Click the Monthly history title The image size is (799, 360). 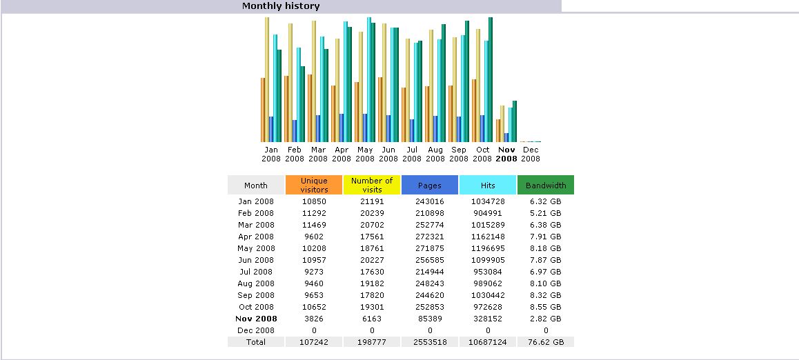click(281, 6)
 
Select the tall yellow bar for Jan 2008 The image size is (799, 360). click(267, 79)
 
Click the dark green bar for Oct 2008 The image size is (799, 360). click(491, 79)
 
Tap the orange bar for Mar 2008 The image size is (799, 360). click(310, 108)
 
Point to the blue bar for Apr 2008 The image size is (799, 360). click(342, 128)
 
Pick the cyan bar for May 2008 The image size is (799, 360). click(369, 79)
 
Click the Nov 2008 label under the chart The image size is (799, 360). click(506, 154)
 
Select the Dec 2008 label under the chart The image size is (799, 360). click(531, 154)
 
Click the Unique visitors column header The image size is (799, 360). click(314, 186)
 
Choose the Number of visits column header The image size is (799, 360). click(372, 186)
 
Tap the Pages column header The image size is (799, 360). click(430, 186)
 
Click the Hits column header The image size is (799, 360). click(488, 186)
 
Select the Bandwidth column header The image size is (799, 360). click(546, 186)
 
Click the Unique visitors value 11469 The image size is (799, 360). click(314, 225)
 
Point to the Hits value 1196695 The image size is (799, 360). click(488, 248)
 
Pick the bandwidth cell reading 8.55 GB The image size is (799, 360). click(546, 307)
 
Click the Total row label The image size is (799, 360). click(256, 342)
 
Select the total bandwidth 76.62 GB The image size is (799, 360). click(546, 342)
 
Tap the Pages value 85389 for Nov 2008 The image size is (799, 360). click(430, 319)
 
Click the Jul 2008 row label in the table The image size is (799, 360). click(256, 272)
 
